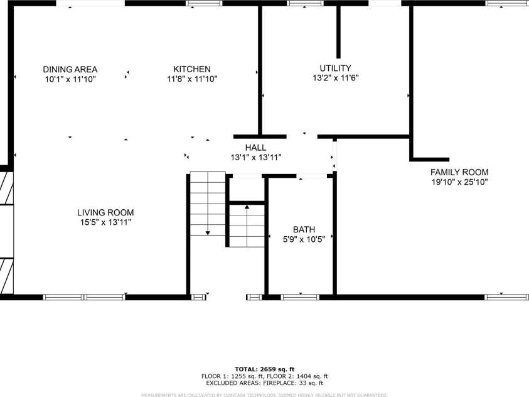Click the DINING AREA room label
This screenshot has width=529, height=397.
point(70,69)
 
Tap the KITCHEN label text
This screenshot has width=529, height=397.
point(192,69)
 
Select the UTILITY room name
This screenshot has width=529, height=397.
point(335,68)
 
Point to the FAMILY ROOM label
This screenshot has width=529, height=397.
point(459,172)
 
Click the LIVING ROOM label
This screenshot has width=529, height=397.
point(105,212)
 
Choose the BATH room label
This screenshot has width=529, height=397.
point(304,229)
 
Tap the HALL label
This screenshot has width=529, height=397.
point(255,148)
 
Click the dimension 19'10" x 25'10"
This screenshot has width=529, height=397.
point(459,182)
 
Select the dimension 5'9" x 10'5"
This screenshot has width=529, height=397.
point(304,239)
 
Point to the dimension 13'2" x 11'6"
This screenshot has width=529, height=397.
point(335,79)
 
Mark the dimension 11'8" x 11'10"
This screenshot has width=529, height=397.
point(192,79)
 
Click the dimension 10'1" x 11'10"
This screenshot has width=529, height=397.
point(70,79)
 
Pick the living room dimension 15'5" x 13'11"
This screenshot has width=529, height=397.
point(105,222)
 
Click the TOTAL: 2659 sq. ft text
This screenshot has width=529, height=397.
point(264,369)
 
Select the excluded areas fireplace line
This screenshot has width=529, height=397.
point(264,383)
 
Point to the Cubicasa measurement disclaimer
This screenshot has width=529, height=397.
point(264,394)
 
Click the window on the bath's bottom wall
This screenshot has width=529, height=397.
point(300,297)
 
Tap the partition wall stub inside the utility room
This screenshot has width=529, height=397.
point(339,31)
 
